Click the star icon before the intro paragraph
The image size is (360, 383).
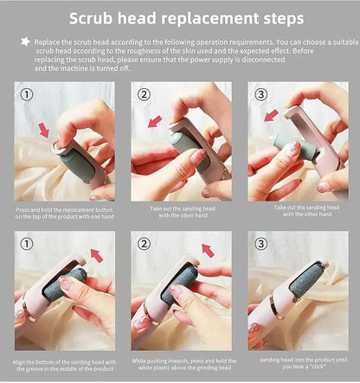coord(24,41)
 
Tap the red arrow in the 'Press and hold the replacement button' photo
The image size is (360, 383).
coord(43,131)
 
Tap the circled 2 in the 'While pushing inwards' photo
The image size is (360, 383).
coord(145,244)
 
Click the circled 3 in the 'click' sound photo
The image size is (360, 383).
coord(262,244)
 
